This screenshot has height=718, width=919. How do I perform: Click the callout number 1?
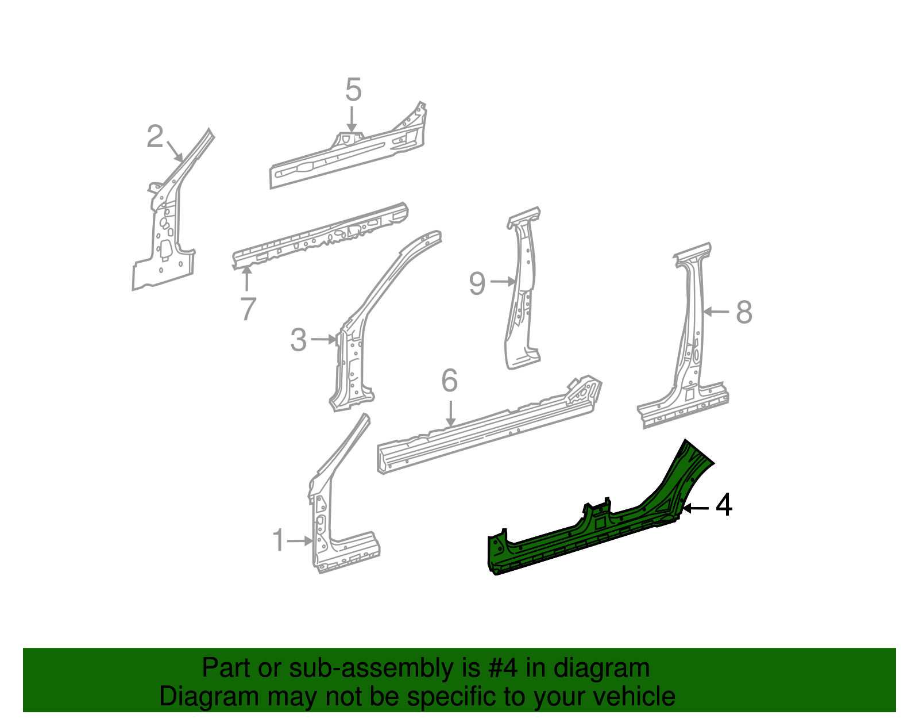coord(279,541)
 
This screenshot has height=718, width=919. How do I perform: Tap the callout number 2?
coord(155,137)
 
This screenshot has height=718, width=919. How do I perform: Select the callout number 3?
coord(298,340)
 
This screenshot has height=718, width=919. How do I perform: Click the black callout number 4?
coord(724,505)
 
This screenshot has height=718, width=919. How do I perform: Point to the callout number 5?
coord(353,90)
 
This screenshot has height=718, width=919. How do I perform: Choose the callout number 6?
coord(449,381)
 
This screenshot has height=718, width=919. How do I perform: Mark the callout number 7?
coord(248,309)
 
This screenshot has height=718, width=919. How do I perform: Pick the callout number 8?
coord(744,313)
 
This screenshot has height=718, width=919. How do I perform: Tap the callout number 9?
coord(477,283)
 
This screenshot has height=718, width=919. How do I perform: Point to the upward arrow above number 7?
coord(248,279)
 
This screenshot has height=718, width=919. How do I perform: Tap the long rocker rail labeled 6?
coord(488,428)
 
